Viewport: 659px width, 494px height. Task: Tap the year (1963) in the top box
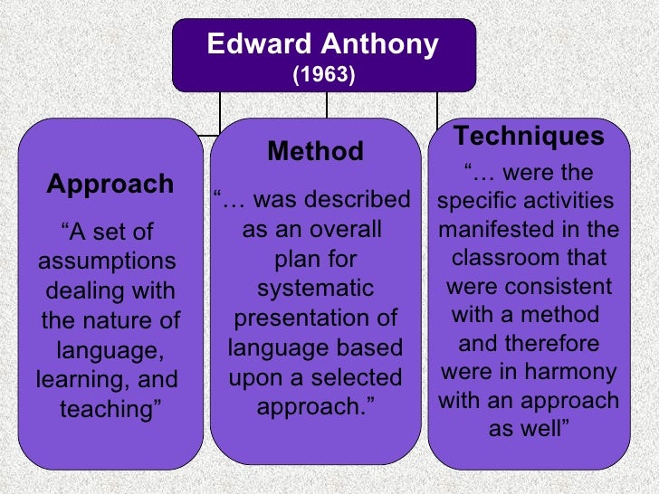pyautogui.click(x=323, y=74)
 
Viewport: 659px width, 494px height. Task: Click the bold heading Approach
pyautogui.click(x=110, y=185)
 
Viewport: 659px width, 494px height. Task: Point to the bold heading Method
pyautogui.click(x=315, y=151)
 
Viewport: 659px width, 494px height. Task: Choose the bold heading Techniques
pyautogui.click(x=529, y=137)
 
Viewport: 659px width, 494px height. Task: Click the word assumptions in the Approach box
pyautogui.click(x=107, y=261)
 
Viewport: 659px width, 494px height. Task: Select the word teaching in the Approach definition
pyautogui.click(x=110, y=409)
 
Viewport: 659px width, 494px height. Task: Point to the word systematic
pyautogui.click(x=315, y=289)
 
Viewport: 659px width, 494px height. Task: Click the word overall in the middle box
pyautogui.click(x=348, y=229)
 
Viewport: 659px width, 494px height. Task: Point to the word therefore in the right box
pyautogui.click(x=554, y=344)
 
